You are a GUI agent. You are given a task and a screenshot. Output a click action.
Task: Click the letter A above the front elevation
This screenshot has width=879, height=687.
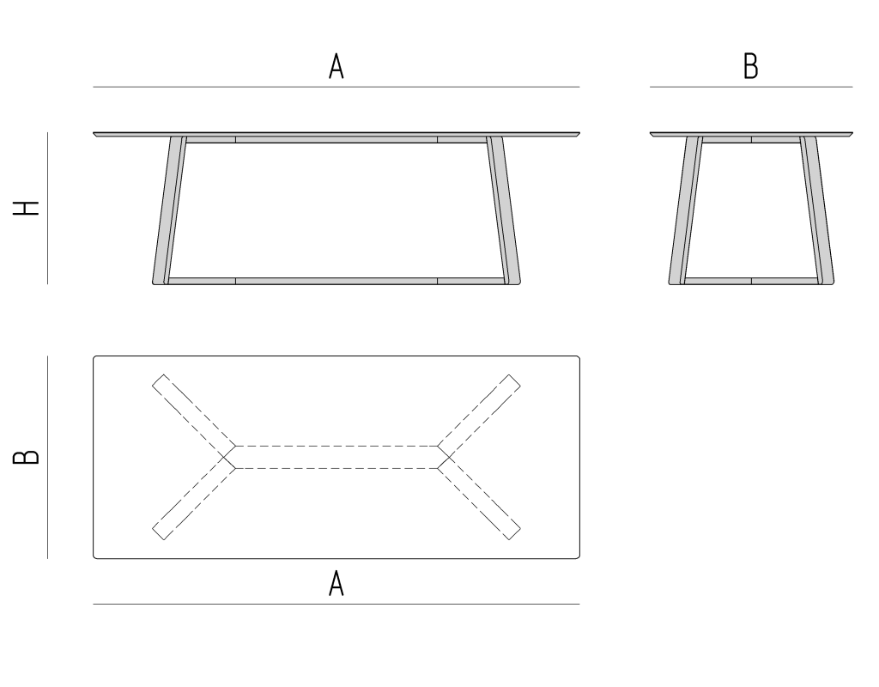click(336, 66)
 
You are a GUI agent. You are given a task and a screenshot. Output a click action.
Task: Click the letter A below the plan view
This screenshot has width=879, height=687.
click(336, 583)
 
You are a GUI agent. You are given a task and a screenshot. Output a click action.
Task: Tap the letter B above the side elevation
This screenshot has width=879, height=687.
click(750, 66)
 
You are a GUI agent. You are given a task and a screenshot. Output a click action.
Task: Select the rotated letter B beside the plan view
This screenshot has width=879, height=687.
click(26, 457)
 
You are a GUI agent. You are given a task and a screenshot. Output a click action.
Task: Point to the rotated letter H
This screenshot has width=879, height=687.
click(26, 208)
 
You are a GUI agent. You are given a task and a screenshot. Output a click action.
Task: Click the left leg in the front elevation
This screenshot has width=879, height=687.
click(169, 210)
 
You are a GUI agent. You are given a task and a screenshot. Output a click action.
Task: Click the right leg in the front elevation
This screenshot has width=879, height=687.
click(503, 210)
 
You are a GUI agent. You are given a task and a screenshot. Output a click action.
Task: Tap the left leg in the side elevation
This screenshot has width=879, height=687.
click(686, 210)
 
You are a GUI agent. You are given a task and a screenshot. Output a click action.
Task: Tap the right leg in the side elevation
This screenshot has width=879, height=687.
click(817, 210)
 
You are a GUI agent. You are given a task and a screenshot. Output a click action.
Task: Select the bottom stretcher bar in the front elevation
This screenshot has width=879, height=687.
click(336, 281)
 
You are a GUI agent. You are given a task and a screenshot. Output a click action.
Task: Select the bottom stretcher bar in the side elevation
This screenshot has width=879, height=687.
click(751, 281)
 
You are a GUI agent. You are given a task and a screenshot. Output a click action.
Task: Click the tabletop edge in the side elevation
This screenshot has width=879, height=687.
click(751, 134)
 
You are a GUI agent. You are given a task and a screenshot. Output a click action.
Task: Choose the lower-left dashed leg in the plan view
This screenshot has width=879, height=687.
click(194, 497)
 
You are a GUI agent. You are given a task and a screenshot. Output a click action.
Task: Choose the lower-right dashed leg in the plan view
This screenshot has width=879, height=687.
click(479, 497)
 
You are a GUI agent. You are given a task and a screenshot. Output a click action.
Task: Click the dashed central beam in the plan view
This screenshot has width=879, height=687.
click(336, 457)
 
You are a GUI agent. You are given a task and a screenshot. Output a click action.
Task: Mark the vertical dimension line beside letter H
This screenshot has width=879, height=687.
click(48, 208)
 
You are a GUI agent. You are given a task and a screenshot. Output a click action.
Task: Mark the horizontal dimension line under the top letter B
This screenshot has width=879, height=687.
click(751, 87)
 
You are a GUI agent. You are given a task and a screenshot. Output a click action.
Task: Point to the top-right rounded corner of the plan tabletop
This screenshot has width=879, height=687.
click(578, 357)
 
